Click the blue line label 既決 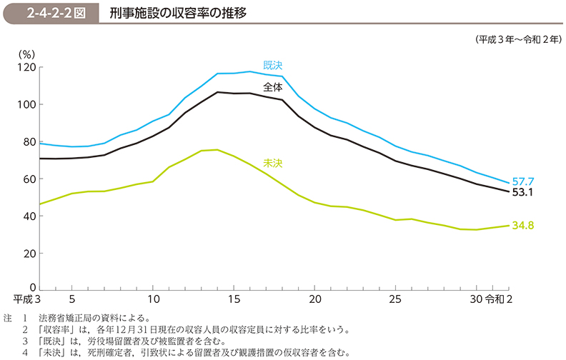pos(272,65)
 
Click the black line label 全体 pos(272,87)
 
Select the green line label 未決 pos(272,164)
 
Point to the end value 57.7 pos(523,181)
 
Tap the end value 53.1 pos(522,192)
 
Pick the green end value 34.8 pos(523,226)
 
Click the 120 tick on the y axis pos(27,67)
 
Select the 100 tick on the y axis pos(27,104)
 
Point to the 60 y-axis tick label pos(30,179)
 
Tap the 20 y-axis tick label pos(30,254)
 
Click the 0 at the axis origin pos(33,287)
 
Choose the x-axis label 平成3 pos(26,299)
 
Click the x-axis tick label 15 pos(234,299)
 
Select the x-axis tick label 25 pos(396,299)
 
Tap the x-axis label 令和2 pos(499,299)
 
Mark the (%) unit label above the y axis pos(26,54)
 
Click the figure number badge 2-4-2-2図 pos(56,14)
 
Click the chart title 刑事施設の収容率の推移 pos(179,14)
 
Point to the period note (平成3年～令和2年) pos(518,40)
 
